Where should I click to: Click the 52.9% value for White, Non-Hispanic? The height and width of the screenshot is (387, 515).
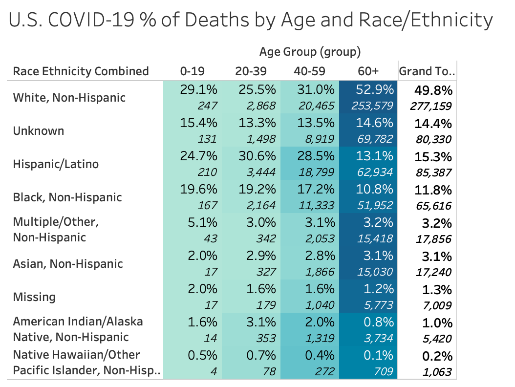[x=374, y=90]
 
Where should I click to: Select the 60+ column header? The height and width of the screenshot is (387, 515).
[x=368, y=71]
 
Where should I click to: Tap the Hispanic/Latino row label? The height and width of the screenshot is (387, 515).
[x=56, y=164]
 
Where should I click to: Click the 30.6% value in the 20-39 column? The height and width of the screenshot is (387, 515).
[x=257, y=156]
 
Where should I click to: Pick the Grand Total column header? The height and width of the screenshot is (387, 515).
[x=427, y=71]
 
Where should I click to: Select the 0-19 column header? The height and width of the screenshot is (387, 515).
[x=192, y=71]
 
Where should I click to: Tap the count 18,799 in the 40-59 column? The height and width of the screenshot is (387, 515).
[x=315, y=172]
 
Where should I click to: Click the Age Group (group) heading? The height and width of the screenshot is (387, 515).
[x=310, y=51]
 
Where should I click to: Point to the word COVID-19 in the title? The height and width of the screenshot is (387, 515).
[x=96, y=20]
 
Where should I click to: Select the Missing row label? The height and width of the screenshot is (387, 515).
[x=34, y=297]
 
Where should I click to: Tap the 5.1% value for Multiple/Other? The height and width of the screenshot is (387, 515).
[x=202, y=223]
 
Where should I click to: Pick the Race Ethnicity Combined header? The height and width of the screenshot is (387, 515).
[x=81, y=71]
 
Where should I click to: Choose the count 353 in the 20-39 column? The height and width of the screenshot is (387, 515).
[x=264, y=339]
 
